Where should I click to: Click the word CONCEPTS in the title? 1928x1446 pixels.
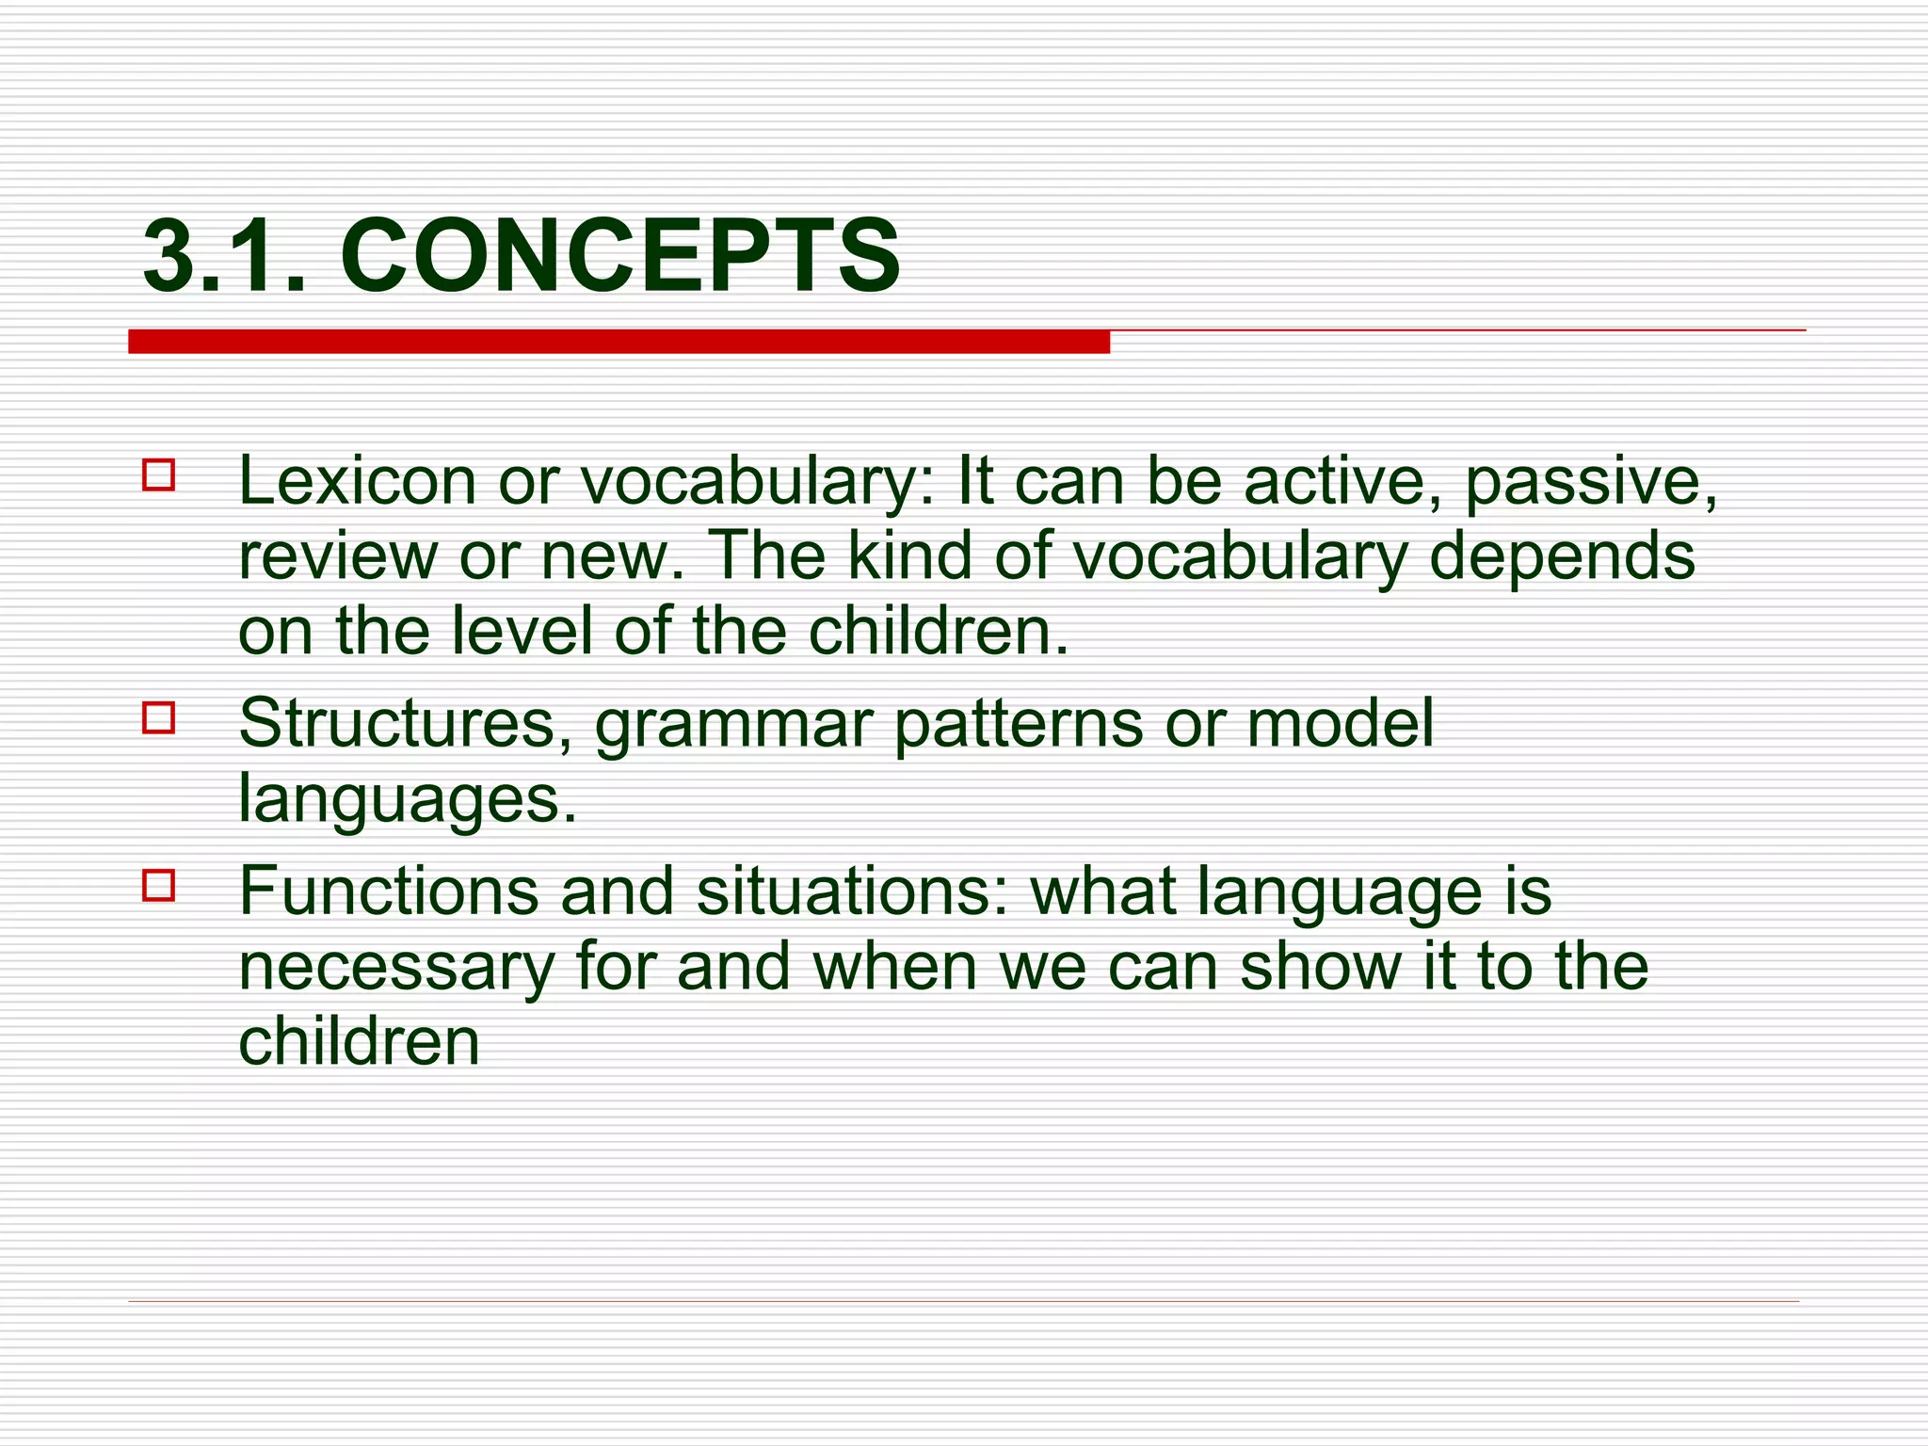coord(619,256)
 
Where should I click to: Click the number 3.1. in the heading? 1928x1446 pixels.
coord(224,256)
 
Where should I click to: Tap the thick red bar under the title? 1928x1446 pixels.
coord(619,342)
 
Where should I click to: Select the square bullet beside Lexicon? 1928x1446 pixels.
coord(159,474)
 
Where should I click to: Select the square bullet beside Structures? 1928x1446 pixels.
coord(159,717)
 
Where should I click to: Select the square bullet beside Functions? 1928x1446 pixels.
coord(159,885)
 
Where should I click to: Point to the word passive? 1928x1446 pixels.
coord(1591,481)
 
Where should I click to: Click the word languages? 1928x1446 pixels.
coord(407,800)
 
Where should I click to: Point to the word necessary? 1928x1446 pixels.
coord(395,968)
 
